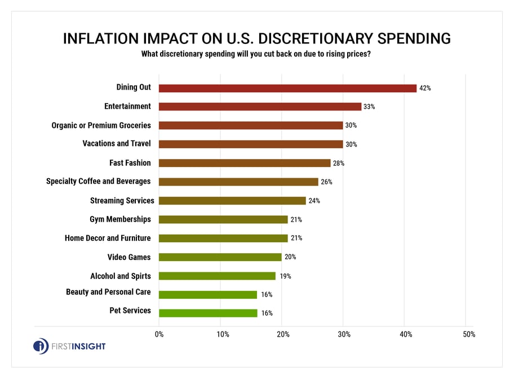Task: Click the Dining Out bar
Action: (287, 88)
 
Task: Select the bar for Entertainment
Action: (260, 107)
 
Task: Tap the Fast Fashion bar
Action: (245, 163)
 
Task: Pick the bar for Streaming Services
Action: (232, 201)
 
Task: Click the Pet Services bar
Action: (208, 313)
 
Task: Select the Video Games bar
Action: (220, 257)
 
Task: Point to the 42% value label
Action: (425, 89)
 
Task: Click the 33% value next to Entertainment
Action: (370, 107)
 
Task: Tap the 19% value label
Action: (283, 276)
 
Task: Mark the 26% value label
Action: (327, 182)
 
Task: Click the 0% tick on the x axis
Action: (159, 334)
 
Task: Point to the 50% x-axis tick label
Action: (468, 334)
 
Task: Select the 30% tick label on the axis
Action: (344, 334)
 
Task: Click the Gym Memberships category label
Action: (120, 219)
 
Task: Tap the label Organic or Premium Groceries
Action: (101, 125)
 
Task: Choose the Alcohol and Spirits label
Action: (121, 276)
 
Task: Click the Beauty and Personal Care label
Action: (108, 291)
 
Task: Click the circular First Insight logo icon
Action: (41, 346)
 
